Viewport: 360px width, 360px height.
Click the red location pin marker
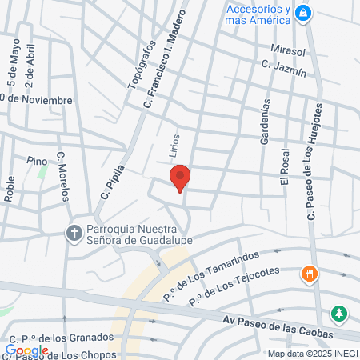[x=180, y=178]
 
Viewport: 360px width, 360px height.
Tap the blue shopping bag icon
[x=303, y=13]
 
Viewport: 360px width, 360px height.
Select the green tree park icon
[x=341, y=312]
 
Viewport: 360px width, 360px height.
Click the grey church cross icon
[x=73, y=234]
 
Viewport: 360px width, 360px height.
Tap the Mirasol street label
[x=288, y=50]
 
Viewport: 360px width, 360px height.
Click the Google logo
[x=26, y=350]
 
